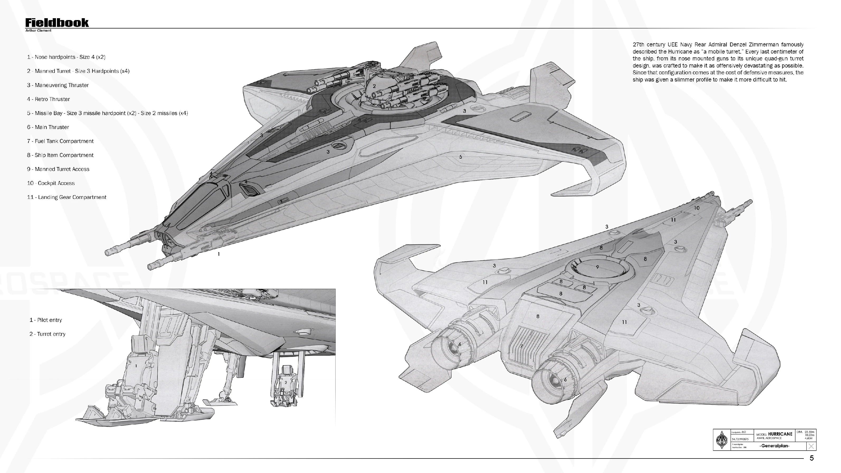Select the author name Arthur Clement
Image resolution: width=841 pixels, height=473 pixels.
(x=38, y=31)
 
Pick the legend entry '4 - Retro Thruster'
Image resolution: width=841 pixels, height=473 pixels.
(x=48, y=99)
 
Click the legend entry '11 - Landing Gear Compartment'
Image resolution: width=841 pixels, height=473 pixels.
(x=66, y=197)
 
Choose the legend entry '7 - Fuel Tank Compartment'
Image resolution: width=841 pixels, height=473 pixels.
(x=60, y=141)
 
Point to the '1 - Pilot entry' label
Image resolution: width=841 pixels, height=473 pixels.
(x=46, y=320)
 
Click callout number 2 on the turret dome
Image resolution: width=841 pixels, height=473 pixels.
(x=374, y=86)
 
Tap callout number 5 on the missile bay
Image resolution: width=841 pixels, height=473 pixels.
(x=461, y=157)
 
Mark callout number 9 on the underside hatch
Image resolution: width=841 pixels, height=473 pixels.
(x=597, y=267)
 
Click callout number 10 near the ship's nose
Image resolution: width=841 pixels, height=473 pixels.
(x=697, y=208)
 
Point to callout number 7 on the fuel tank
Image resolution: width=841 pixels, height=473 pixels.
(x=522, y=346)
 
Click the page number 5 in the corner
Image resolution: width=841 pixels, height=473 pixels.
(x=812, y=458)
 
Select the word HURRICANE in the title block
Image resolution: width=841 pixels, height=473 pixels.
(x=780, y=434)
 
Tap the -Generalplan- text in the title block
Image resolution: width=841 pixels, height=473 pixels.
(x=775, y=446)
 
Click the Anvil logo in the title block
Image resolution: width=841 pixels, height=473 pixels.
(x=722, y=440)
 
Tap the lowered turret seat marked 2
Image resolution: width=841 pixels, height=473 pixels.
(x=285, y=384)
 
